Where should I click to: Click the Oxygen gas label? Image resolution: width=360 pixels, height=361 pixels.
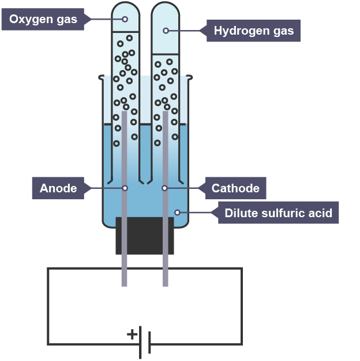coord(43,19)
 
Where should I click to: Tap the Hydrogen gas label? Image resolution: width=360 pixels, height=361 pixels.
coord(253,31)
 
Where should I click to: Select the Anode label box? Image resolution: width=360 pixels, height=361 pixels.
coord(58,188)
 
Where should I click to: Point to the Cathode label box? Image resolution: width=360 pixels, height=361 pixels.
coord(235,188)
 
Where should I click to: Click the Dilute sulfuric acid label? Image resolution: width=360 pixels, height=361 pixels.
coord(278,213)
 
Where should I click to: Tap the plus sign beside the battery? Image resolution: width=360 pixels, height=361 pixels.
coord(132,334)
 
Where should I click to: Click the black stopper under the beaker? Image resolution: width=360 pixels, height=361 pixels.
coord(145,236)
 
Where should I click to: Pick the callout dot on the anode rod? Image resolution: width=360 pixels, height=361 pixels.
coord(125,188)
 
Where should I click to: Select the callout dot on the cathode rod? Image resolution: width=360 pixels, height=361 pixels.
coord(164,188)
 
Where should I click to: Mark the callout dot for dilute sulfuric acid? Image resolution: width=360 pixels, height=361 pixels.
coord(177,213)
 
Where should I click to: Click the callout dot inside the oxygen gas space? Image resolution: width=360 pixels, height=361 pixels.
coord(125,19)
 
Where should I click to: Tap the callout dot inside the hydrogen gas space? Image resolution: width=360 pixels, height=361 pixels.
coord(166,31)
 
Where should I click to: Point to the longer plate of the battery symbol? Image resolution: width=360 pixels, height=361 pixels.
coord(140,343)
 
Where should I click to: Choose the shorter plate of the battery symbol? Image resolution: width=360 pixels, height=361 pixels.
coord(149,343)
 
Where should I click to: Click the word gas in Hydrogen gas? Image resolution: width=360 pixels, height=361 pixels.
coord(284,31)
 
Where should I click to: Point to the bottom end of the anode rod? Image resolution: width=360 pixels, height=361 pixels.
coord(124,286)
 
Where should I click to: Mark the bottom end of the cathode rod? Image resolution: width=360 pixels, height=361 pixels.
coord(166,286)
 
